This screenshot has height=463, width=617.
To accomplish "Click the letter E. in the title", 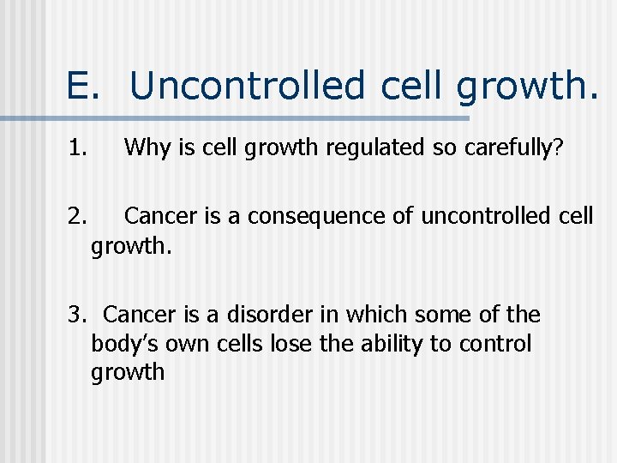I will click(86, 86).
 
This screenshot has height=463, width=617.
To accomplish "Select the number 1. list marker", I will click(78, 148).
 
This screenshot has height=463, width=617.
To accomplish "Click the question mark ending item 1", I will click(558, 148).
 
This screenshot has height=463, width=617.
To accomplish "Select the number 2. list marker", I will click(78, 216).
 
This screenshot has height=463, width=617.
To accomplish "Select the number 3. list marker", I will click(78, 315).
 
